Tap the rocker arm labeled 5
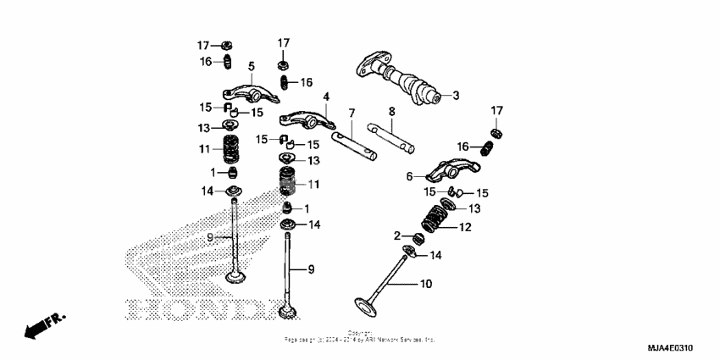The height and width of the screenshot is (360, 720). coord(241,89)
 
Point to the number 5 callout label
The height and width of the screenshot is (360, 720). coord(252,66)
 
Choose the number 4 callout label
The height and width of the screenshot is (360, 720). coord(325,97)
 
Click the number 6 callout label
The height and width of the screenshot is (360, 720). coord(410,176)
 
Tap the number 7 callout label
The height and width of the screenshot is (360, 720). coord(352,113)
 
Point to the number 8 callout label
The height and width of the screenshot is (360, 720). coord(392,111)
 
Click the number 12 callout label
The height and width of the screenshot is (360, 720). coord(464,226)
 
